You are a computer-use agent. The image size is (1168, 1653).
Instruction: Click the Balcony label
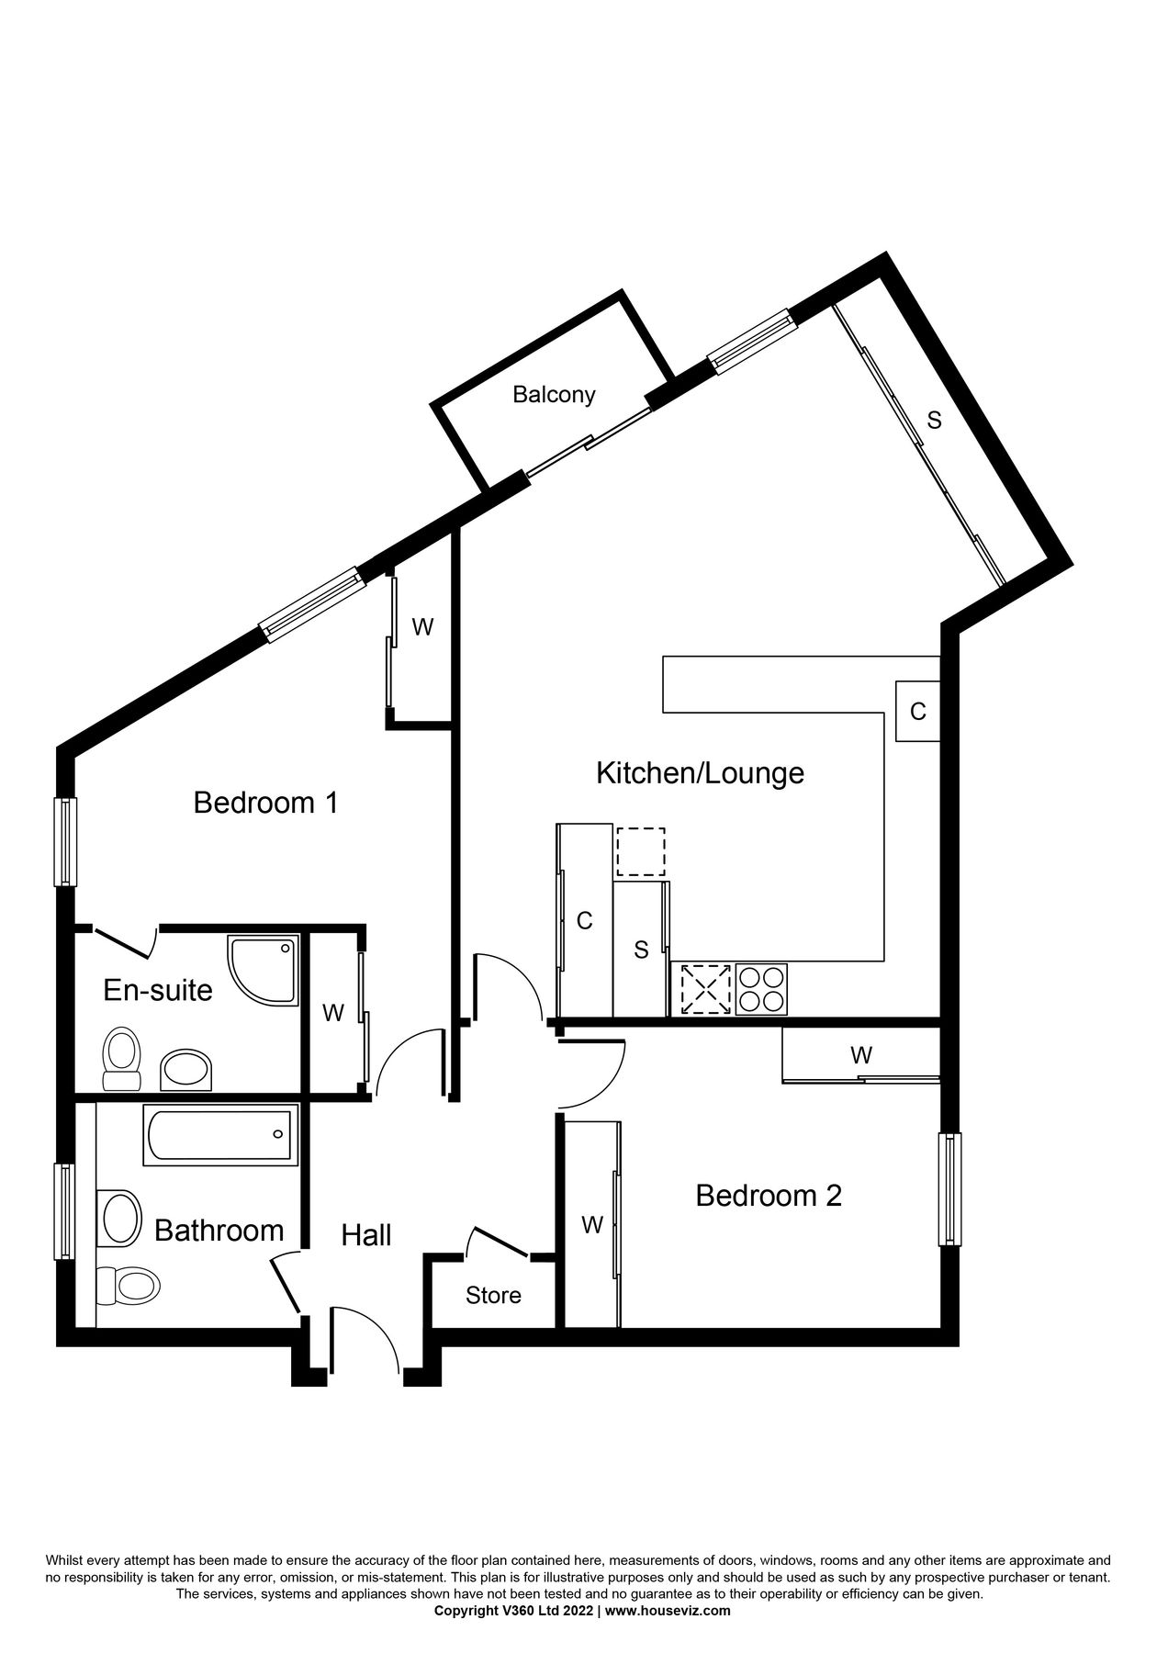(554, 394)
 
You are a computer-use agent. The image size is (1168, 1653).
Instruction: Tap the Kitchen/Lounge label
(700, 772)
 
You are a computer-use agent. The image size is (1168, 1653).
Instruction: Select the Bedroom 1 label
(265, 803)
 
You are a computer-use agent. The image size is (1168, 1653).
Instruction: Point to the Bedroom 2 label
(769, 1196)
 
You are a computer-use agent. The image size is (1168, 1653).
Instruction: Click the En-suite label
(157, 990)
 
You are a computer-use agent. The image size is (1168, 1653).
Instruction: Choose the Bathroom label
(219, 1230)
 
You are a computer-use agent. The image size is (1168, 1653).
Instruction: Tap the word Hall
(366, 1235)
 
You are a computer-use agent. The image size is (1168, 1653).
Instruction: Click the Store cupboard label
(493, 1295)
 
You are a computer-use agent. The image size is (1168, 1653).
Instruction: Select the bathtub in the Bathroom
(220, 1135)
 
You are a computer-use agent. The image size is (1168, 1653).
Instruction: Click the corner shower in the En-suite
(264, 970)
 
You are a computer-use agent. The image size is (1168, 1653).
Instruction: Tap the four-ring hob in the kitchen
(761, 989)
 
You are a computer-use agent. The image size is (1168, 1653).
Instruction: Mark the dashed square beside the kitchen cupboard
(640, 851)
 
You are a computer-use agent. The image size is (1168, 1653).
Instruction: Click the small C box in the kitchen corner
(917, 711)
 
